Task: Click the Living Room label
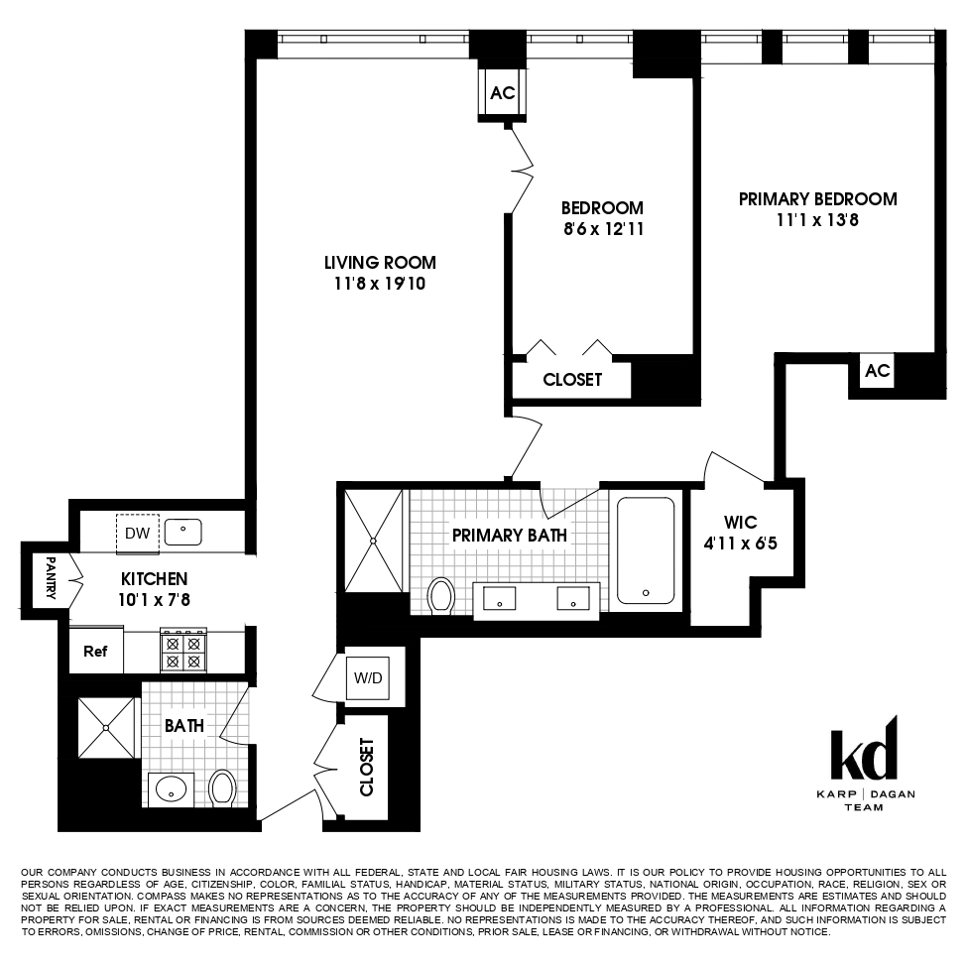[x=380, y=263]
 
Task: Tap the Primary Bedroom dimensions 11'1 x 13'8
[x=817, y=220]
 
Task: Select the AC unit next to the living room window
[x=503, y=93]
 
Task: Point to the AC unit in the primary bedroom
[x=878, y=371]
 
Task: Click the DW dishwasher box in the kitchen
[x=137, y=534]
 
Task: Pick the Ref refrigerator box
[x=95, y=653]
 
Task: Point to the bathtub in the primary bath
[x=646, y=550]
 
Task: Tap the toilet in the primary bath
[x=440, y=595]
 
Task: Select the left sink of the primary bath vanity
[x=498, y=598]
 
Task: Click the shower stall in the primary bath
[x=374, y=541]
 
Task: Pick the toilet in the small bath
[x=223, y=788]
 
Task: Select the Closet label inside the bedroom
[x=572, y=380]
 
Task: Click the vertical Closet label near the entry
[x=367, y=767]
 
